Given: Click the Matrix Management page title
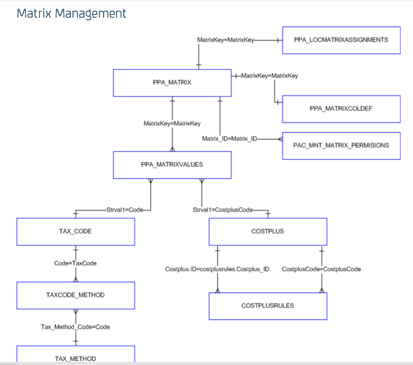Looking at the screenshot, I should point(71,13).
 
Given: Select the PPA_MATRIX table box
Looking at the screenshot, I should point(172,83).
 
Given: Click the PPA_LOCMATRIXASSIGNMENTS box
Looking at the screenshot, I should point(341,40).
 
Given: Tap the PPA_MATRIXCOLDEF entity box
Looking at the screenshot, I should point(341,109).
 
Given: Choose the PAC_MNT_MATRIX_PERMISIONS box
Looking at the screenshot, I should point(341,146).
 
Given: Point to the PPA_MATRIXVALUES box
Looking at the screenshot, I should point(172,165).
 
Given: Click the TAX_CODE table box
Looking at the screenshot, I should point(75,232).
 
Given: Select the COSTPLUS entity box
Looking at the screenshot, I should point(268,232).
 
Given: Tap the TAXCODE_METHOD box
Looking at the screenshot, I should point(75,295).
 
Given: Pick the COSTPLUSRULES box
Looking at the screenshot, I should point(268,306).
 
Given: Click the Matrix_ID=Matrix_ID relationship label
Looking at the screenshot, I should point(230,139).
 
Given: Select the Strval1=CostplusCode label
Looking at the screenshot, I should point(222,210).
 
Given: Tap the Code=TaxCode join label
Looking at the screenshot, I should point(75,263).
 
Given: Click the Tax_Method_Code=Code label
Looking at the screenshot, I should point(75,327).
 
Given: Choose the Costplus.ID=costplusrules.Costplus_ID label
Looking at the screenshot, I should point(217,269).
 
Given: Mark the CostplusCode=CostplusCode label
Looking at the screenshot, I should point(321,269).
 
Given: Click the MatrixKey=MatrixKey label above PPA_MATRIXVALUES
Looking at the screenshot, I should point(172,123).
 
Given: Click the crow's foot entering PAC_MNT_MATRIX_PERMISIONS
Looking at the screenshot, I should point(280,139).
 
